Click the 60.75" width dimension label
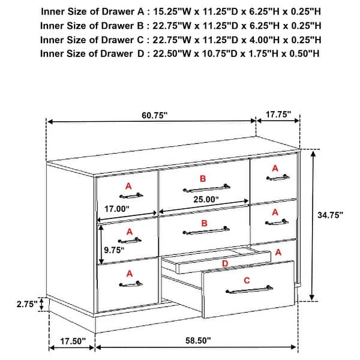155,115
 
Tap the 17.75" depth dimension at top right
278,114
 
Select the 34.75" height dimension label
330,215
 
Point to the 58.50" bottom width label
198,340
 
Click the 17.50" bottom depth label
73,341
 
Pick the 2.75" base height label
27,304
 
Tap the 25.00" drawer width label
206,200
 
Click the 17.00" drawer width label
117,209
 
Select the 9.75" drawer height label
114,250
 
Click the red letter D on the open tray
225,263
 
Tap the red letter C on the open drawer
247,280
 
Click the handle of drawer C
250,290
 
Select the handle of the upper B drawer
206,188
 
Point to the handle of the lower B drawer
206,230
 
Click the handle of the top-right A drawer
278,178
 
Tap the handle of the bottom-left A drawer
131,284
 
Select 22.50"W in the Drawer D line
172,54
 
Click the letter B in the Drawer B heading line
140,26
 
